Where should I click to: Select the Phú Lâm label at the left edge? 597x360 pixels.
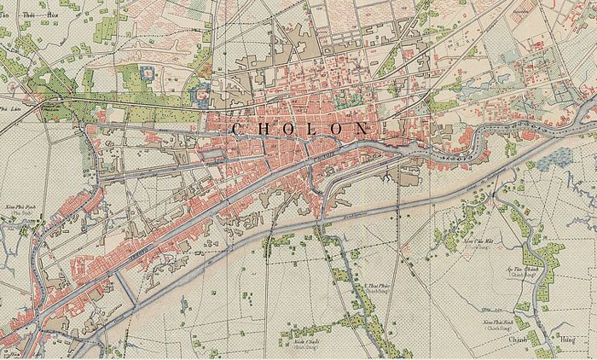click(x=9, y=109)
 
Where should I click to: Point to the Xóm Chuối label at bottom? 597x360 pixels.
click(x=298, y=343)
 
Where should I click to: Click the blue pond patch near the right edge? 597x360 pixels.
click(x=559, y=157)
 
